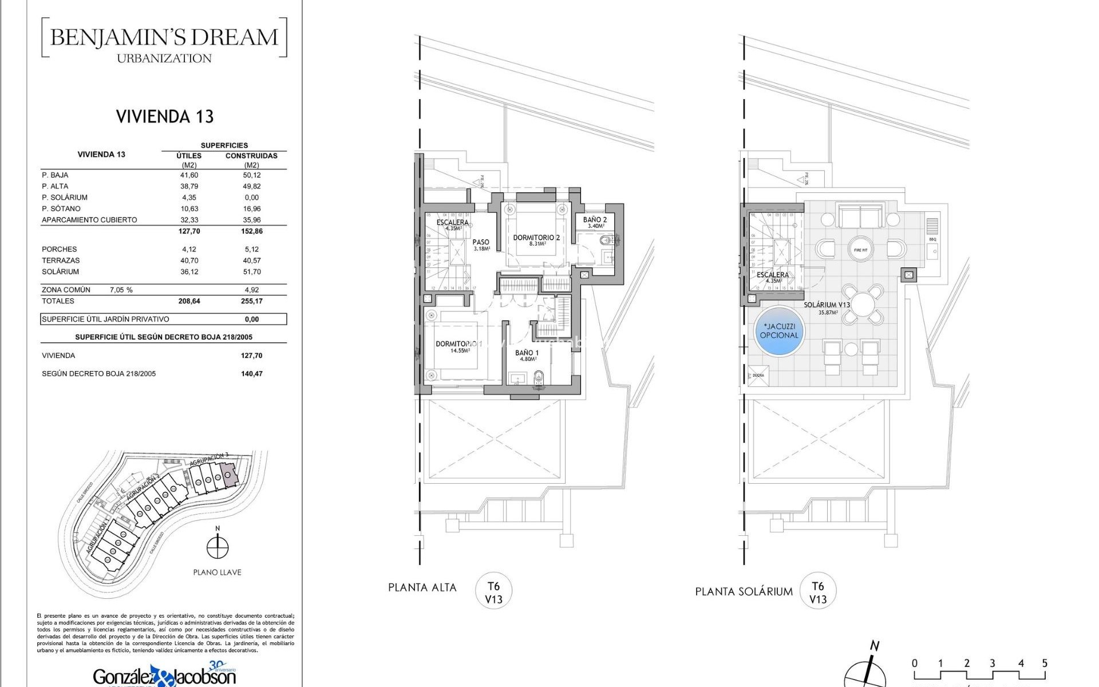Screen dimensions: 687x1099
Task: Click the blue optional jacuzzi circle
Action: point(778,331)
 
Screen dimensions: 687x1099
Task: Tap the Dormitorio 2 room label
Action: point(536,238)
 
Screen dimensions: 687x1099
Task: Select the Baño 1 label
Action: point(527,353)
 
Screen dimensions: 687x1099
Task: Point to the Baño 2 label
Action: point(595,220)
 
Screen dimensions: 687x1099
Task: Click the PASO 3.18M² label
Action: point(481,245)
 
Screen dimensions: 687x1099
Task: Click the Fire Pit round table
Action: point(860,250)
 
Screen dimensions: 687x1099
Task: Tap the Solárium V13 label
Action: point(827,305)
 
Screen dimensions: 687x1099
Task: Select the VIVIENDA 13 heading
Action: point(165,117)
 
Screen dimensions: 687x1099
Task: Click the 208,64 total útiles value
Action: point(189,301)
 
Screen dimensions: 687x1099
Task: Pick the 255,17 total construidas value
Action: point(251,301)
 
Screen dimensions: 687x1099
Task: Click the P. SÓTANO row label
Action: point(61,209)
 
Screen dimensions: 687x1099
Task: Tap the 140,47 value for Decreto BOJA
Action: point(251,374)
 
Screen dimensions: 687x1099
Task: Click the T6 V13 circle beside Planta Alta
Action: point(493,593)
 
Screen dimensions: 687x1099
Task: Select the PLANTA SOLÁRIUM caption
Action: point(744,592)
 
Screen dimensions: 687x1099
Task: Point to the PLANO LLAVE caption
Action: point(217,572)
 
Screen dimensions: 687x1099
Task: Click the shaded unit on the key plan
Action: point(229,476)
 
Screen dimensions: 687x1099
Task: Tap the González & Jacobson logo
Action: point(164,676)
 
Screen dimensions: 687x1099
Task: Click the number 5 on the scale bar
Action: point(1044,663)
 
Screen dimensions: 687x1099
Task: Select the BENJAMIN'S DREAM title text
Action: point(164,38)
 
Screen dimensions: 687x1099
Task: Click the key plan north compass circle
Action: point(218,547)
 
